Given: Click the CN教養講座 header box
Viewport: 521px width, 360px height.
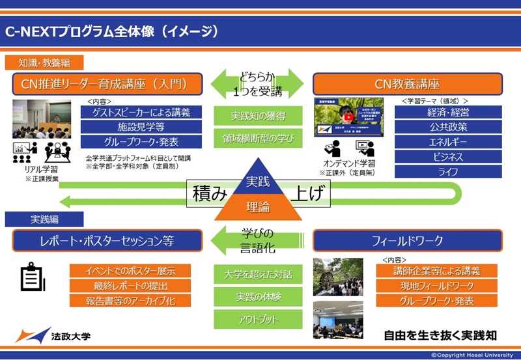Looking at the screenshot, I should click(x=408, y=84).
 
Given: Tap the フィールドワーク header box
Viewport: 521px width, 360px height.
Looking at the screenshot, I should click(x=408, y=241).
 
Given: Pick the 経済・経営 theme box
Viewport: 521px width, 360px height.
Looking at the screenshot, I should click(x=448, y=112).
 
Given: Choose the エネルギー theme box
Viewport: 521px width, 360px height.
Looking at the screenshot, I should click(x=448, y=142).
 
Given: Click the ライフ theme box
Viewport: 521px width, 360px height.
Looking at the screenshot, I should click(x=448, y=172).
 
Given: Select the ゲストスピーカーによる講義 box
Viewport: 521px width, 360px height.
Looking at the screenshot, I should click(x=141, y=112).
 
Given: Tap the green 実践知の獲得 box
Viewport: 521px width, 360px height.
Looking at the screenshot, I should click(x=258, y=115).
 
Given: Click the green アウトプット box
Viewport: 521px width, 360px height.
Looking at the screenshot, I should click(x=258, y=320).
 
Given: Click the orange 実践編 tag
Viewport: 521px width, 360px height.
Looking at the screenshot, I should click(x=31, y=219).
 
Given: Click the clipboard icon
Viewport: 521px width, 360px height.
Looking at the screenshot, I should click(x=31, y=278).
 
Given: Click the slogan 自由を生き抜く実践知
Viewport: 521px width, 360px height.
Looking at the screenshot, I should click(x=440, y=336).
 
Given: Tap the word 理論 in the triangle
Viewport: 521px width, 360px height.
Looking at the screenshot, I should click(x=257, y=207).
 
